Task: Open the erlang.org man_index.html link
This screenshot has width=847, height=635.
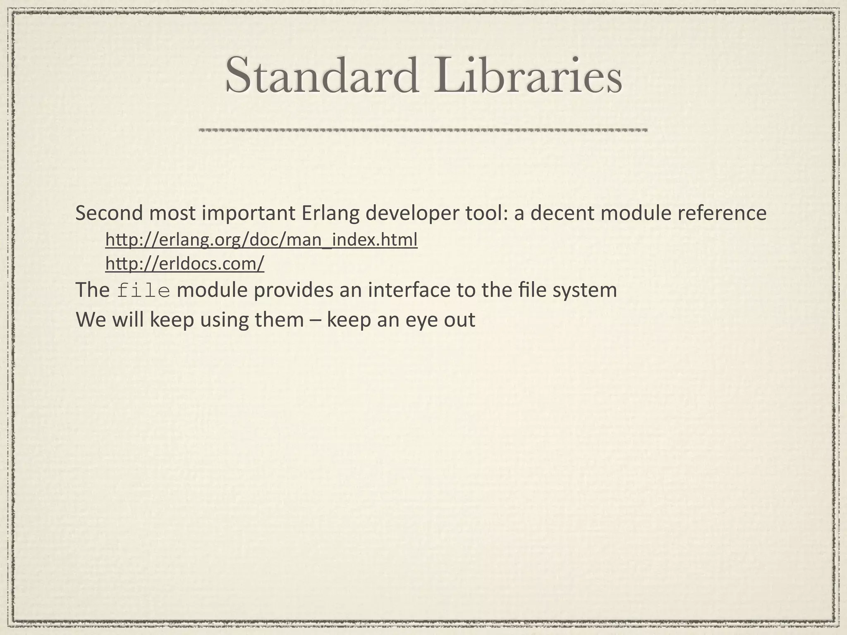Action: (x=261, y=240)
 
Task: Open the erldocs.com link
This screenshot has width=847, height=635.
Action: (x=184, y=264)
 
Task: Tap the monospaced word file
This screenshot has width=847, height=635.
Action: (x=144, y=290)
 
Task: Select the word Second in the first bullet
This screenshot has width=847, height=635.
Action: (x=109, y=214)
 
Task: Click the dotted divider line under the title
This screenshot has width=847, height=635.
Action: (x=423, y=130)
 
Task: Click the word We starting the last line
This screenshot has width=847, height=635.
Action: (x=90, y=320)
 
